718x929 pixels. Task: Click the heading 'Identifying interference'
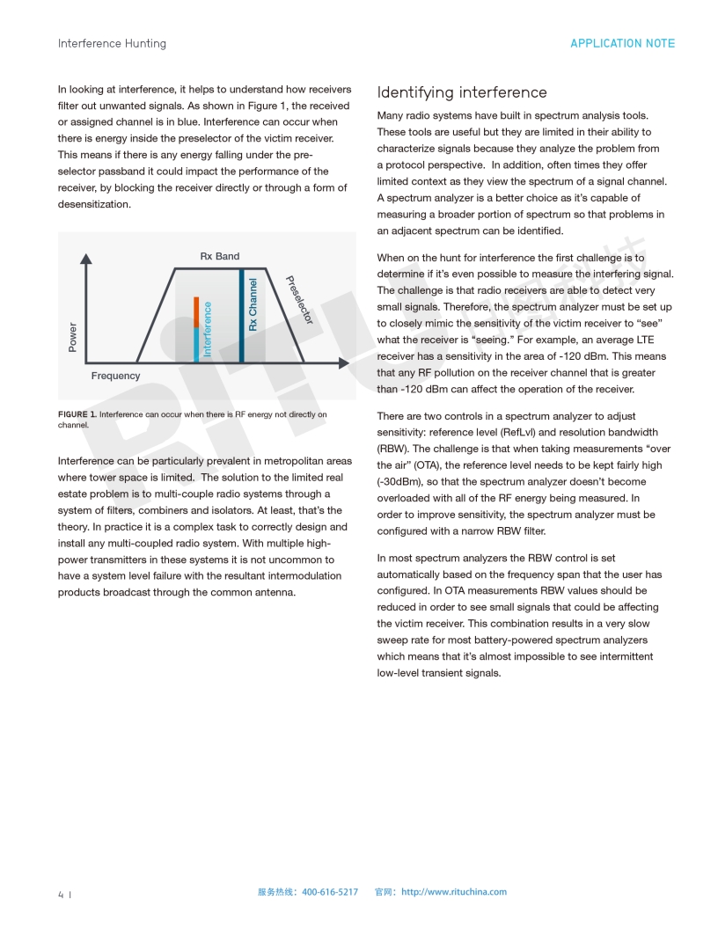click(x=462, y=92)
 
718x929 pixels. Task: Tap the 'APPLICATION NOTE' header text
click(x=622, y=43)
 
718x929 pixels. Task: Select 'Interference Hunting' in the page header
click(x=112, y=43)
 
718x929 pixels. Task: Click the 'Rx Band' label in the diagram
click(x=219, y=256)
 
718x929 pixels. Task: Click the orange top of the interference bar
click(x=196, y=311)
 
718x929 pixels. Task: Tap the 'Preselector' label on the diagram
click(x=299, y=300)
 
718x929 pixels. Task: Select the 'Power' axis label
click(x=72, y=337)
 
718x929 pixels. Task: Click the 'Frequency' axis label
click(x=115, y=376)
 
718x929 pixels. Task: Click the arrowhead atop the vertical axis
click(x=85, y=259)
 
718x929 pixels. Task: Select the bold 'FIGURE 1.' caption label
click(x=77, y=414)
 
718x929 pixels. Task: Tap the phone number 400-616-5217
click(x=330, y=892)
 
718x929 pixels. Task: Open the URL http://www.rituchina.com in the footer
click(x=454, y=892)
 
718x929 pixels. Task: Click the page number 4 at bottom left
click(x=61, y=895)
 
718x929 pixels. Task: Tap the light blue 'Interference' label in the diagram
click(x=208, y=329)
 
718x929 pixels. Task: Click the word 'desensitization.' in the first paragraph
click(x=94, y=204)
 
